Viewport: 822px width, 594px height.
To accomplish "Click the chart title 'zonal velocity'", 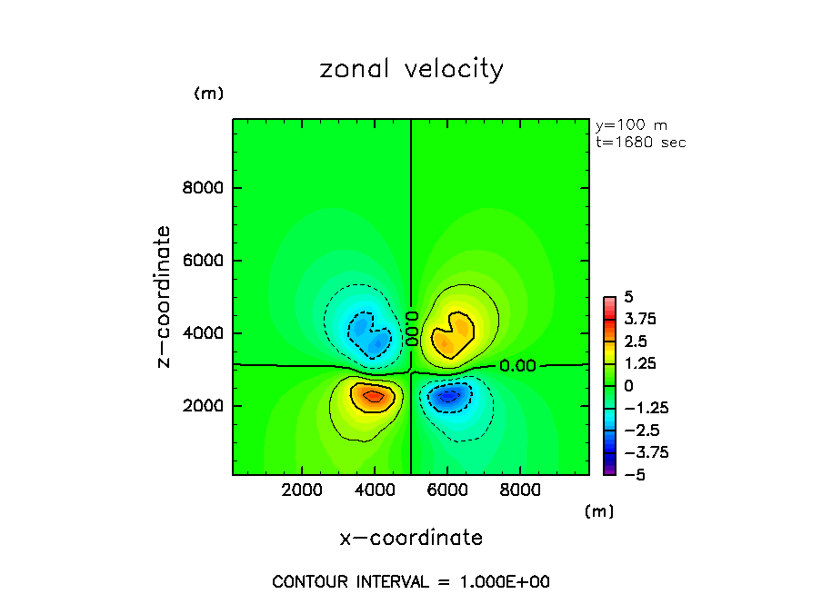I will click(x=411, y=69).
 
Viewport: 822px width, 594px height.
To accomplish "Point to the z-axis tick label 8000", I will click(x=204, y=189).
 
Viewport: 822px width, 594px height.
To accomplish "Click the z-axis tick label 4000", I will click(x=204, y=333).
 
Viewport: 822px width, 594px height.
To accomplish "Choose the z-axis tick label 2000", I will click(x=204, y=406).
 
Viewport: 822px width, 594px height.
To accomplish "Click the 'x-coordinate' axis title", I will click(x=411, y=538).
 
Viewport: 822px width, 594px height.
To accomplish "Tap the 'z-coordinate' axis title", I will click(x=165, y=297).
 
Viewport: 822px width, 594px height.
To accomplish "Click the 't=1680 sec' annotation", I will click(x=640, y=143).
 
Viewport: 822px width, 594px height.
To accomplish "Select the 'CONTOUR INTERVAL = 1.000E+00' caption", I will click(x=411, y=581).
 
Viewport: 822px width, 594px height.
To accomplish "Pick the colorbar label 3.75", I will click(x=640, y=319).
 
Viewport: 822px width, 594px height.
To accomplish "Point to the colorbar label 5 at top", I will click(x=627, y=297).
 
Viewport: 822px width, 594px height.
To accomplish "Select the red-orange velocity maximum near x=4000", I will click(x=374, y=396).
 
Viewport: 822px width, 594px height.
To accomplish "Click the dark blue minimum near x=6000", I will click(x=448, y=395).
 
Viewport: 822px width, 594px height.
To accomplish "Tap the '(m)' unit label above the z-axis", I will click(x=208, y=94).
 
